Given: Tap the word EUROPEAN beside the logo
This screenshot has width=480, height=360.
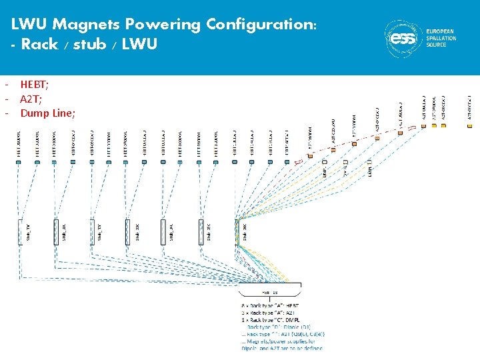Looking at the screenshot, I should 441,31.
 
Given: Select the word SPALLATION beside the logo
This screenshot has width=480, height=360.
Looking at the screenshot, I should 441,38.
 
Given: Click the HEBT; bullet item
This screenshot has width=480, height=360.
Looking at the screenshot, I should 34,84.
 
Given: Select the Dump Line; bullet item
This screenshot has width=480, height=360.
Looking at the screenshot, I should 47,113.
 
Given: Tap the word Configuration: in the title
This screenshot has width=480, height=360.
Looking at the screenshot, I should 261,25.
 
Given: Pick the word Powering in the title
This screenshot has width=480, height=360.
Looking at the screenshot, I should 163,25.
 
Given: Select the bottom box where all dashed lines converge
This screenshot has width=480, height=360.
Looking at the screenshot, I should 269,291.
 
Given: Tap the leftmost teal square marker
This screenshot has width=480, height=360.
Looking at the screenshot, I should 20,160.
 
